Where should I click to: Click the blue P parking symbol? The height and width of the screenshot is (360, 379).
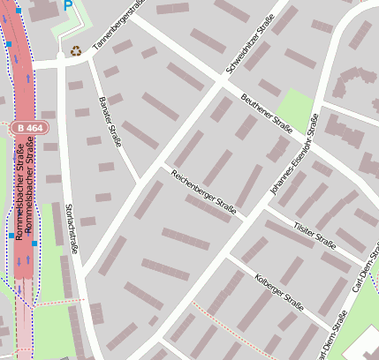tap(68, 5)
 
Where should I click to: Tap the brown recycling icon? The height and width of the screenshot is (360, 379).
tap(76, 51)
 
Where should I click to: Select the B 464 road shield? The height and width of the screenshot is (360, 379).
tap(29, 129)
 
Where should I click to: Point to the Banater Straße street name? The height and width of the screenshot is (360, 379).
tap(111, 119)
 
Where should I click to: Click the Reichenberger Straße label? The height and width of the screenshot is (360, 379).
tap(203, 191)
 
